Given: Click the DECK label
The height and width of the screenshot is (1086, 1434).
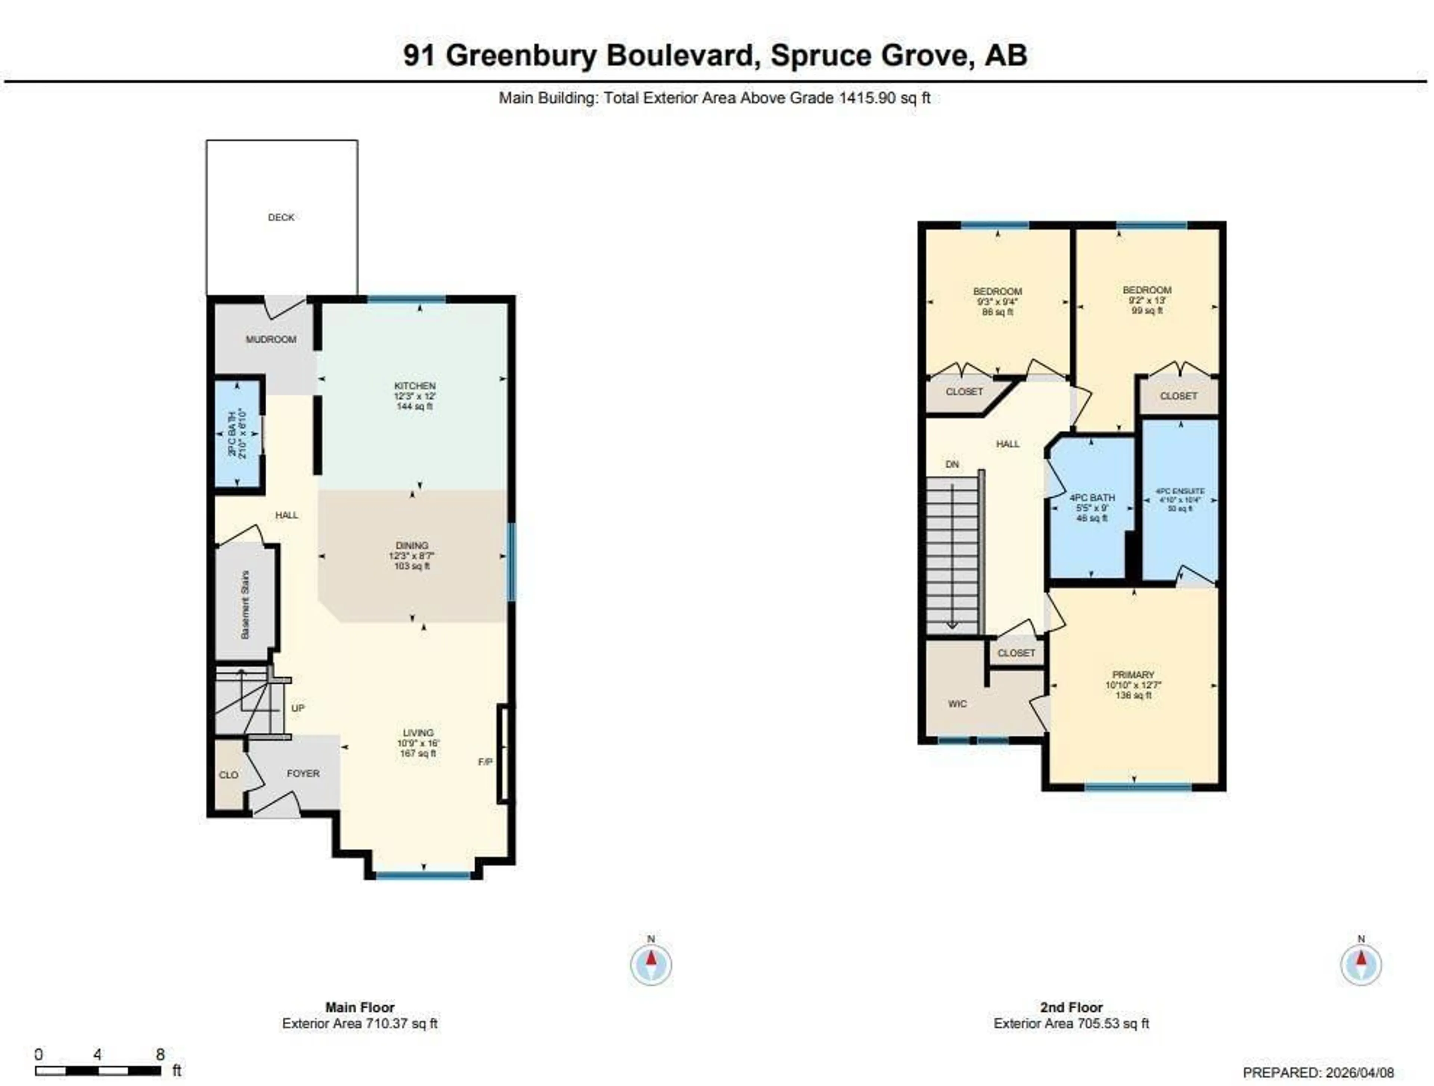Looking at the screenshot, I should pos(281,217).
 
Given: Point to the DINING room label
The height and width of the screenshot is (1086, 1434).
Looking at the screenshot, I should pos(412,545).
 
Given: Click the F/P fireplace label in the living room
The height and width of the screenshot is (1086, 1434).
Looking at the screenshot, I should pos(485,762).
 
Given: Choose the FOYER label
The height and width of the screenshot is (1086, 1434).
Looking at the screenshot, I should pos(303,773).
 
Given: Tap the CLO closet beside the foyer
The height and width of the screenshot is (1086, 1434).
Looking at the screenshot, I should pos(228,775).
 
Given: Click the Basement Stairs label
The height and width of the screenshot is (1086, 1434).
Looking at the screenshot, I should pos(245,604).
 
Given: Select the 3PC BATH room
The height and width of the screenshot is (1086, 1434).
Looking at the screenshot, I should pos(238,433).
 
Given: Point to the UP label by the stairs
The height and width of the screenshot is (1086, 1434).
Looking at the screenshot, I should pos(298,708).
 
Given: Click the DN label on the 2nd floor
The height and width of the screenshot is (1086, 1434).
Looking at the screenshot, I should pos(952,464).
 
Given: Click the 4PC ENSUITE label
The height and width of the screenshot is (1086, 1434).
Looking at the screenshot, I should pos(1180,492).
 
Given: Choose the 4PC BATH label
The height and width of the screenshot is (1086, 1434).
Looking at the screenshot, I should pos(1092,497).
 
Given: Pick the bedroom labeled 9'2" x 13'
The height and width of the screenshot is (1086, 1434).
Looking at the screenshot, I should pos(1147,291).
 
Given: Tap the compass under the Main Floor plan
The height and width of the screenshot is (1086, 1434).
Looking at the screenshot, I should pos(651,964).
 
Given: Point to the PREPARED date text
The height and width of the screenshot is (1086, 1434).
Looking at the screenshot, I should pos(1318,1073).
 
